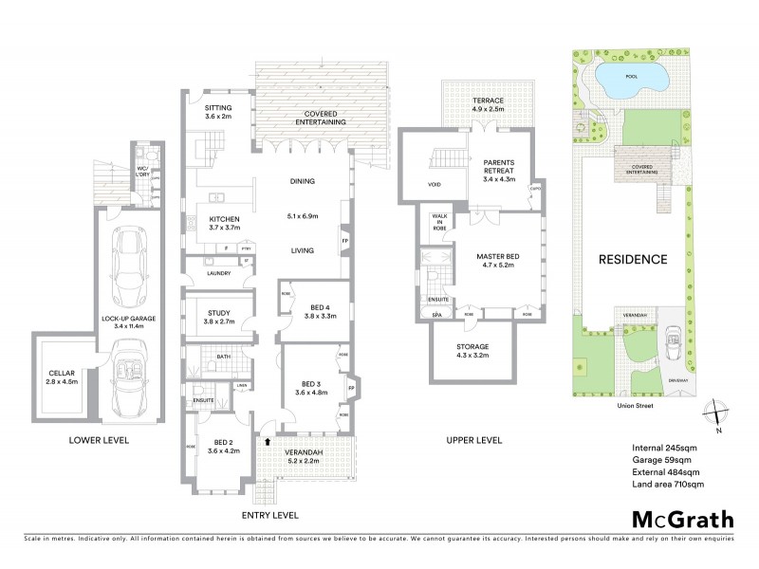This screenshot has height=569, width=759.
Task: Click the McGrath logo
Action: pos(683,519)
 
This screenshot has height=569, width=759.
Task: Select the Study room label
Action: pos(218,315)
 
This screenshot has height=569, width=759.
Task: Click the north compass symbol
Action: pos(718,415)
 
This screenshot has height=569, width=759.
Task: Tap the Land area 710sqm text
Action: pos(668,485)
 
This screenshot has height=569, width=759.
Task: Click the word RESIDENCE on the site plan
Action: pos(632,259)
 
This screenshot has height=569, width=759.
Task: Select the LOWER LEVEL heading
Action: pos(100,441)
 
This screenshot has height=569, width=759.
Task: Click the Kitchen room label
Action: pos(224,224)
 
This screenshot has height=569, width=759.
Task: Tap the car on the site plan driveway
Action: pos(675,339)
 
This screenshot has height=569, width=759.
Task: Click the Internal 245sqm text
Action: pos(664,448)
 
